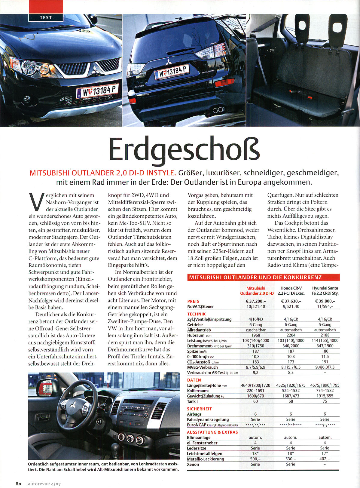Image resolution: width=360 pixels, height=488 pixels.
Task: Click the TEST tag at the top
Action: (46, 17)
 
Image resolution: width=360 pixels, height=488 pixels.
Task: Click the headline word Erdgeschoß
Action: (184, 149)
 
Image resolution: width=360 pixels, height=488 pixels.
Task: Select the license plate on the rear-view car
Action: (172, 72)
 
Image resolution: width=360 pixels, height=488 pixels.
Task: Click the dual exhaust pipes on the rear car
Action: (218, 110)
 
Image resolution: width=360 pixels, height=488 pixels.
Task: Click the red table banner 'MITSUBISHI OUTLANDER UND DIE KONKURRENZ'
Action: (263, 277)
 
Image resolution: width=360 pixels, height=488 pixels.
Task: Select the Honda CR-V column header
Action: (291, 290)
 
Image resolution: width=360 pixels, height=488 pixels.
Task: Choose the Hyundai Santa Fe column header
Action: (325, 290)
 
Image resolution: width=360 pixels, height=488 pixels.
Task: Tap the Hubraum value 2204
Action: (291, 335)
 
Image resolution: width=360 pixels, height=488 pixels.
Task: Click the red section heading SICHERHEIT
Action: (199, 409)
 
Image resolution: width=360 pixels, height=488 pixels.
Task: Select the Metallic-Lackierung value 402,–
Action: (325, 459)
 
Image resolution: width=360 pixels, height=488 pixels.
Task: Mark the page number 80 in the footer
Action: (19, 484)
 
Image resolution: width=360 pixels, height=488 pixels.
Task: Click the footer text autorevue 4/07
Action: (44, 484)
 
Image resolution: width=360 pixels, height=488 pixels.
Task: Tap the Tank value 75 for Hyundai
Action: (325, 401)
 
